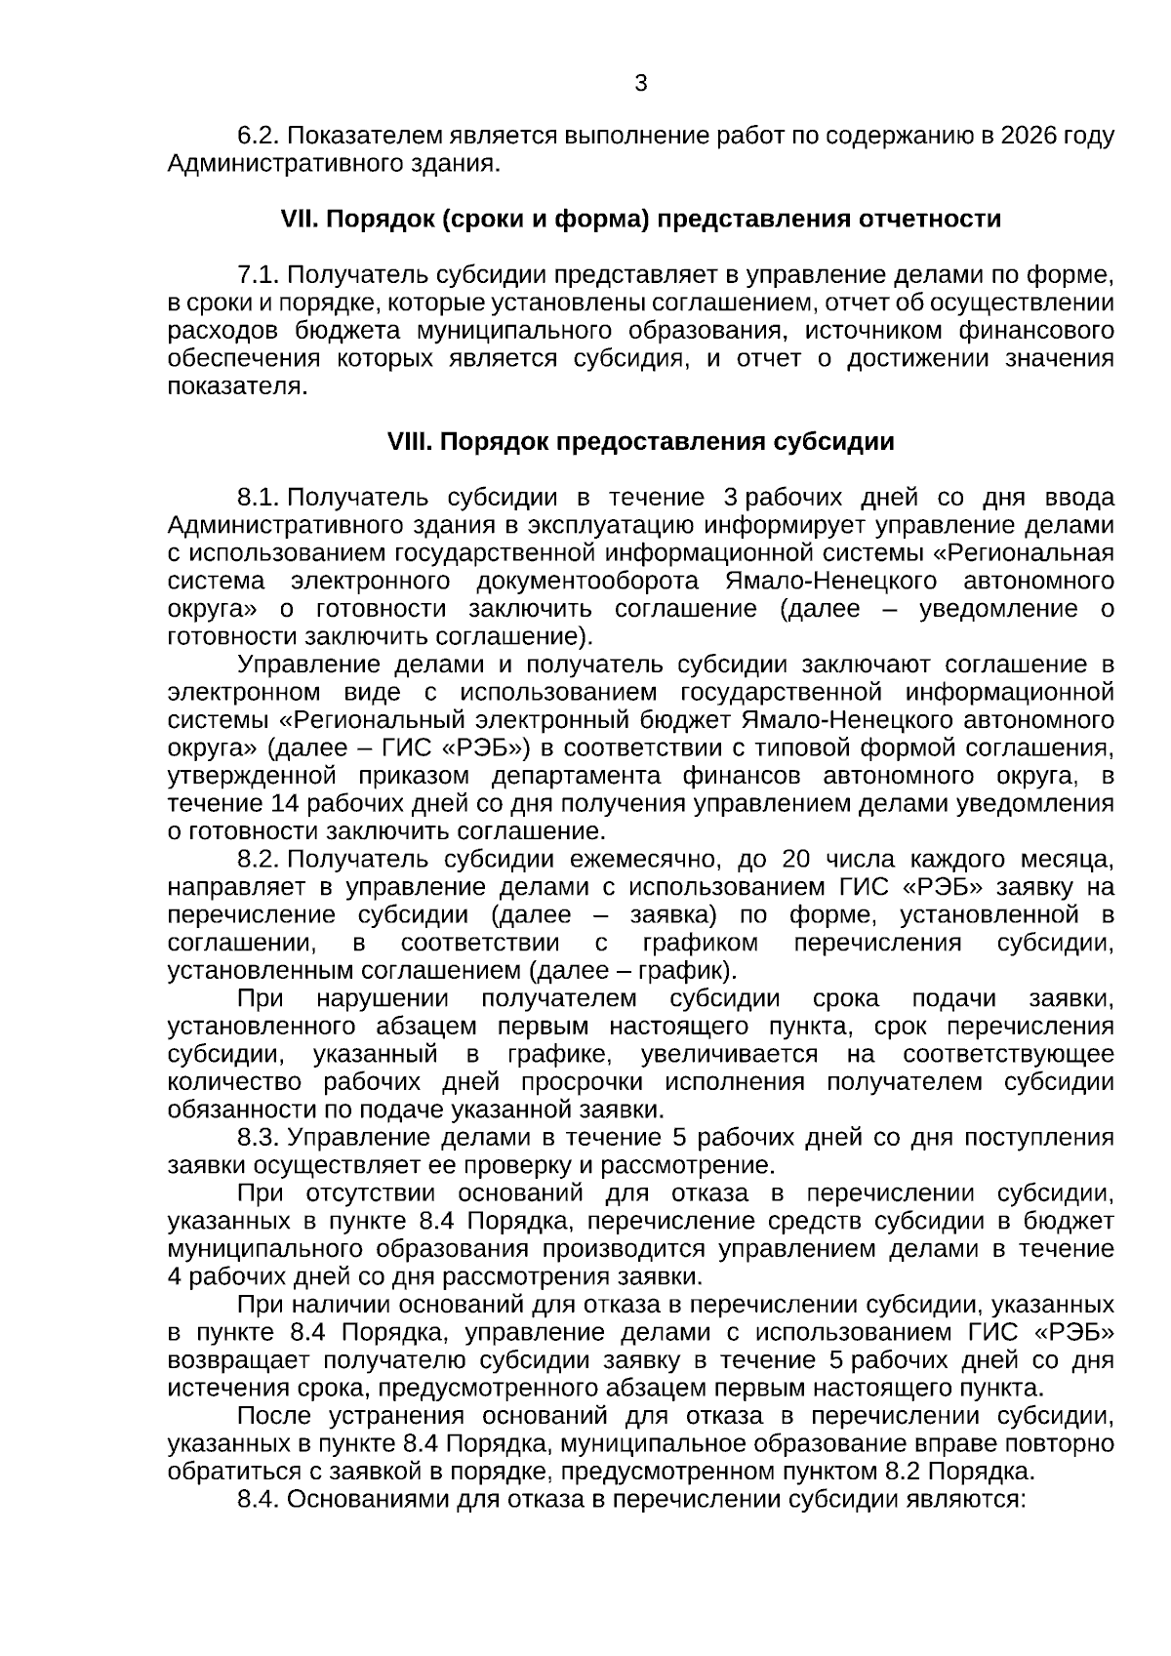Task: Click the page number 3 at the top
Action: tap(641, 84)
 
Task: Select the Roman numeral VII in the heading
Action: tap(295, 220)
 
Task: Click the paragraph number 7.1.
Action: tap(259, 275)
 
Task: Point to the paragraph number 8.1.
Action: tap(259, 498)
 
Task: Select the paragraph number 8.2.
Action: tap(259, 860)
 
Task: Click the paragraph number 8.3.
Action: tap(259, 1138)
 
